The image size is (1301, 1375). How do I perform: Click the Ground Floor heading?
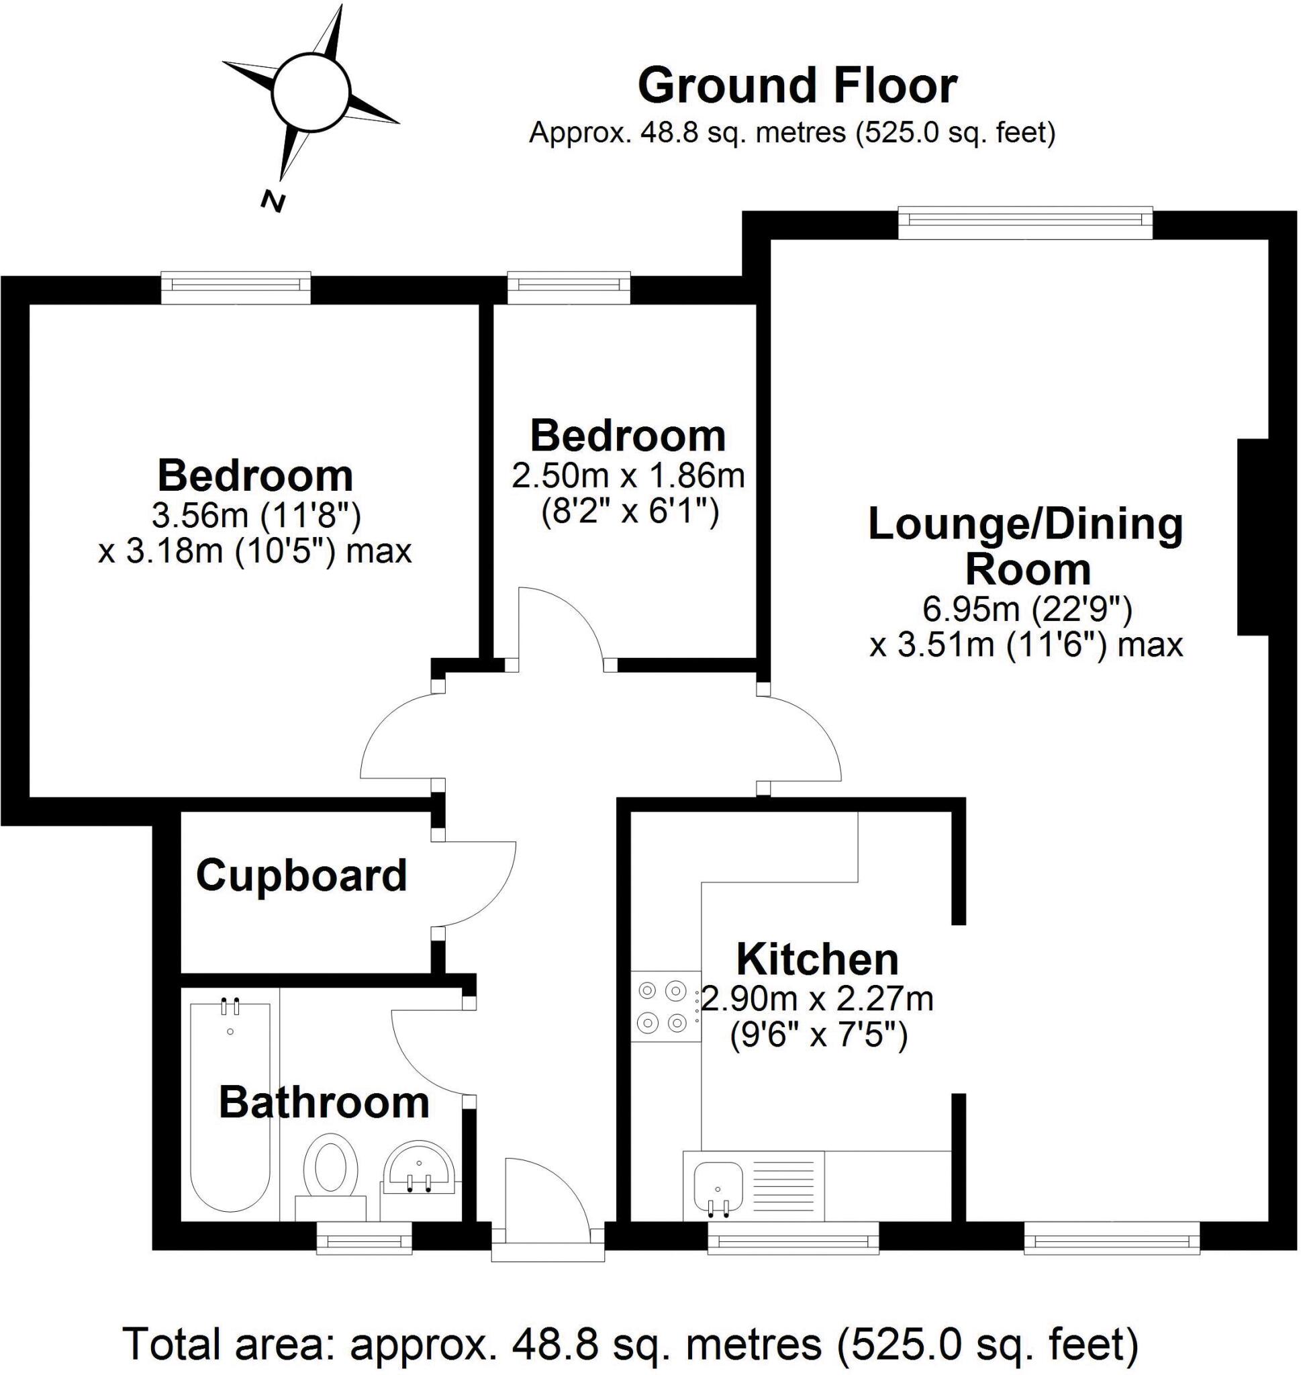tap(797, 86)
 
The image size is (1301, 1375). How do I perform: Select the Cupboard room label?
tap(301, 875)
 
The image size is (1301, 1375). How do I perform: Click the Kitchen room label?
tap(817, 959)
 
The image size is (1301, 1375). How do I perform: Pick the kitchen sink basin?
tap(718, 1186)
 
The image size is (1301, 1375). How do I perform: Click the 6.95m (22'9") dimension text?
tap(1027, 610)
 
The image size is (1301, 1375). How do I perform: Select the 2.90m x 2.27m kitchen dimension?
tap(818, 999)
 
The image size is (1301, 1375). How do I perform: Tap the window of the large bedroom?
tap(236, 287)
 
